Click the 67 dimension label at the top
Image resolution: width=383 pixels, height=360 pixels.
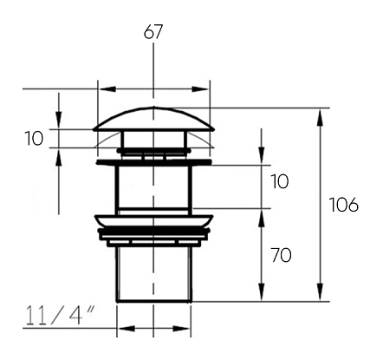coord(153,31)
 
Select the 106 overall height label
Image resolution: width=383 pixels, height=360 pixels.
coord(344,205)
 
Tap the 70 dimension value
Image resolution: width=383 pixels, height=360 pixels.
coord(282,255)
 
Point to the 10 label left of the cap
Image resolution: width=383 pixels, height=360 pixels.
coord(34,138)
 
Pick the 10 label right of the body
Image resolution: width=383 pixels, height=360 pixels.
coord(280,181)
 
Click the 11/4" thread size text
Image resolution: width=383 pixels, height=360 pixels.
coord(60,316)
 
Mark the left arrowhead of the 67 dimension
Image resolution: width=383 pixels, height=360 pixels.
coord(107,88)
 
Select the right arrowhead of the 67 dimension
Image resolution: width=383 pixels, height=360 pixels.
coord(200,88)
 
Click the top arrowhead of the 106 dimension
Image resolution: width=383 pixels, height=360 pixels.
coord(320,117)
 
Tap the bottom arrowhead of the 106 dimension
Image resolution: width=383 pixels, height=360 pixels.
coord(320,292)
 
